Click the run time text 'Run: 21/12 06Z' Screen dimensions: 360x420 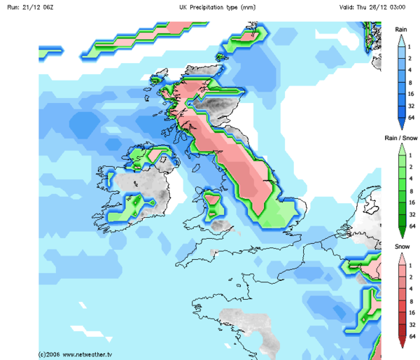point(27,6)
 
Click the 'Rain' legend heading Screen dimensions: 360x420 point(401,29)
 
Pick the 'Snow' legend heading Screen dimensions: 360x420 point(401,247)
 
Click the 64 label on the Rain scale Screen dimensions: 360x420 point(412,118)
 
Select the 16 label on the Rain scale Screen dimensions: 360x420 point(412,94)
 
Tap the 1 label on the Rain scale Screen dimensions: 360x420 point(412,46)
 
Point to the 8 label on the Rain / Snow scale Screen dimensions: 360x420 point(412,191)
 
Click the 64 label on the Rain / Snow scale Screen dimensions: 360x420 point(412,226)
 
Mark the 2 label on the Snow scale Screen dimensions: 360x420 point(412,277)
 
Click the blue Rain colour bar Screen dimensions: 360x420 point(401,81)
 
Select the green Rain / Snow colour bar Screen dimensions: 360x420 point(401,190)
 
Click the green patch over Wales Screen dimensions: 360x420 point(212,205)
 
